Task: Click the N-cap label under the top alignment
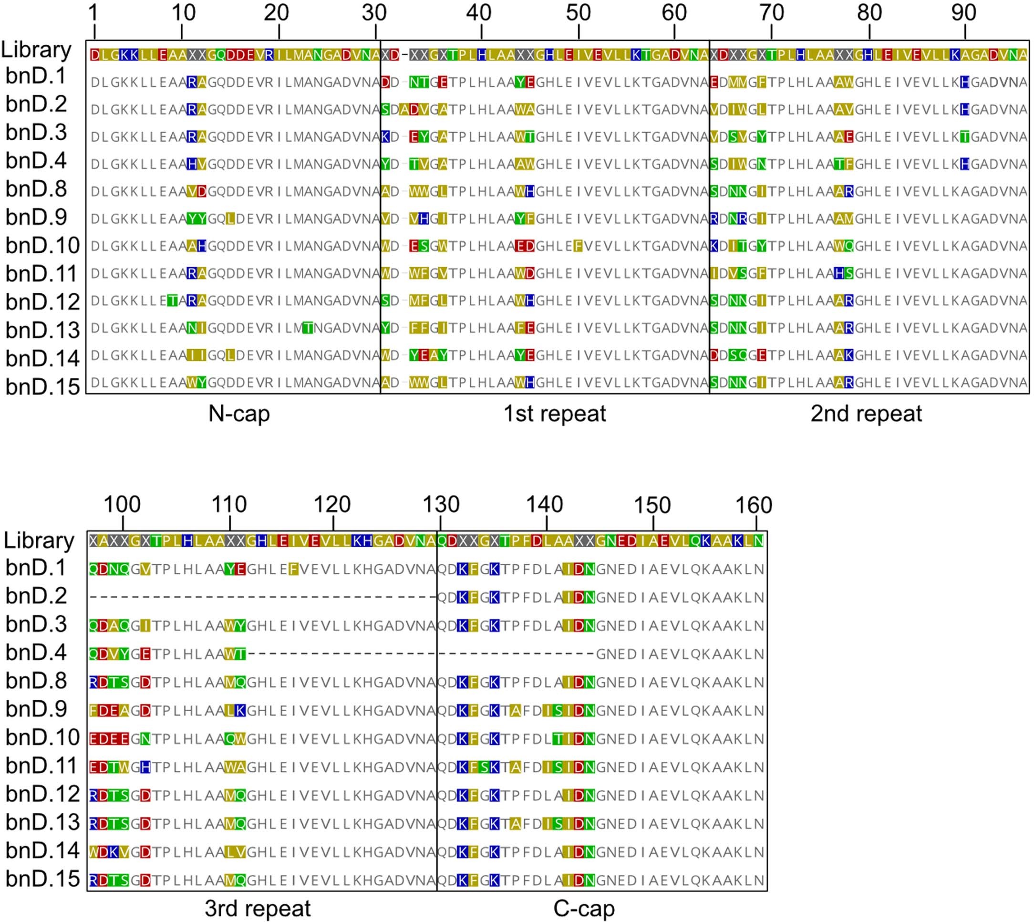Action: pos(239,414)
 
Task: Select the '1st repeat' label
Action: pos(554,414)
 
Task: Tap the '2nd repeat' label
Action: pos(866,414)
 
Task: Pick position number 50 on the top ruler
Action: pos(578,13)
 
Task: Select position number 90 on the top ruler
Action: pos(963,13)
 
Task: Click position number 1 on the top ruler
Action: pos(93,13)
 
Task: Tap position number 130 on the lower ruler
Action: pos(441,505)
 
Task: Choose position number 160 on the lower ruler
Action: pos(755,505)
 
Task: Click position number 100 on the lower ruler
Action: pos(122,505)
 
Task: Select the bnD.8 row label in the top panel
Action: pos(36,189)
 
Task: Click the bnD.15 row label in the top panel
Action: pos(42,386)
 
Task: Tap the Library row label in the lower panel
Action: pos(39,540)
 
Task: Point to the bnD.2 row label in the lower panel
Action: pos(36,596)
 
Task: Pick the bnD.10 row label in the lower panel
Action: pos(42,737)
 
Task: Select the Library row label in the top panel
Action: pos(36,50)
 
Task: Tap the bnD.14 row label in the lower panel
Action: pos(42,850)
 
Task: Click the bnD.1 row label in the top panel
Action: pos(36,76)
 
